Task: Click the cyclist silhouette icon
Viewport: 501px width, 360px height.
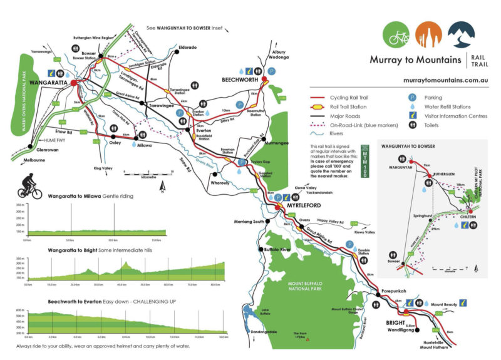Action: pyautogui.click(x=31, y=187)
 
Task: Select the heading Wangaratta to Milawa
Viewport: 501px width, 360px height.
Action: pyautogui.click(x=68, y=196)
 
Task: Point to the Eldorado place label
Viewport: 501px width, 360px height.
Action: pyautogui.click(x=188, y=48)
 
